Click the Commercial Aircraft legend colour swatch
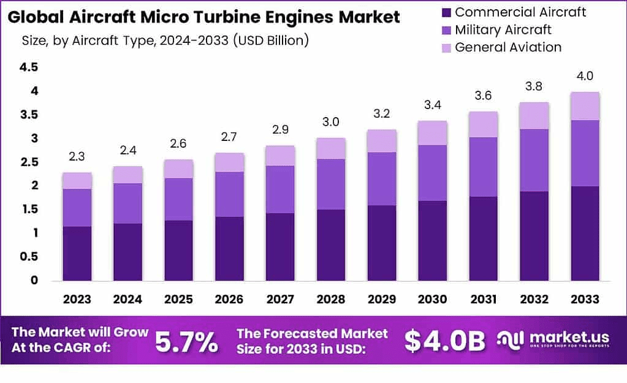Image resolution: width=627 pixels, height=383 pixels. coord(446,12)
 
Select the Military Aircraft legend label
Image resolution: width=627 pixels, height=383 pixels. coord(503,29)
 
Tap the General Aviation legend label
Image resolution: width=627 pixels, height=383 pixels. coord(508,47)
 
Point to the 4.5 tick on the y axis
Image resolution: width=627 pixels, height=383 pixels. coord(29,67)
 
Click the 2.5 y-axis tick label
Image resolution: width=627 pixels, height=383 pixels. coord(29,162)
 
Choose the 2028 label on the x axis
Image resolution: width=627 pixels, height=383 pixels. coord(330,299)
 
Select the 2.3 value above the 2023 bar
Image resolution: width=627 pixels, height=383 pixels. coord(77,157)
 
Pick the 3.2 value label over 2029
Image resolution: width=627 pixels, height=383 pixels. coord(381,114)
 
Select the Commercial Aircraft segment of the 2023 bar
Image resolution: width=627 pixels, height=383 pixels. coord(77,253)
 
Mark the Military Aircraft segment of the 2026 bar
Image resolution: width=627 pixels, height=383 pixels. coord(229,194)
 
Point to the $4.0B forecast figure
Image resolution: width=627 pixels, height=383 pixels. coord(444,341)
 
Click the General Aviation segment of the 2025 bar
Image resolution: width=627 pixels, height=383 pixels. coord(178,169)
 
